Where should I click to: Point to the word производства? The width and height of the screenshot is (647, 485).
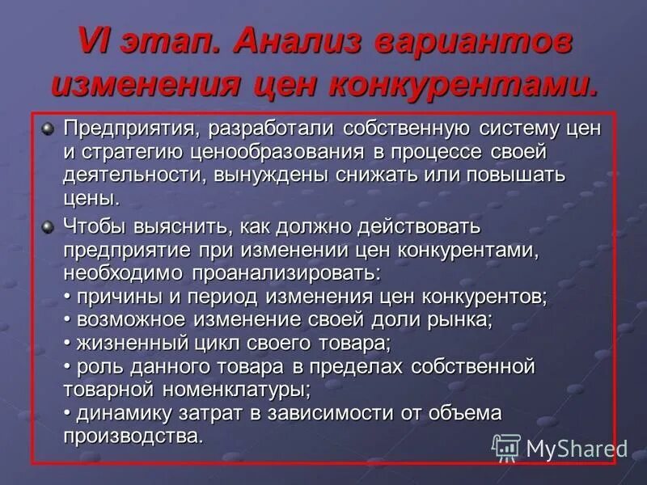click(x=133, y=436)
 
